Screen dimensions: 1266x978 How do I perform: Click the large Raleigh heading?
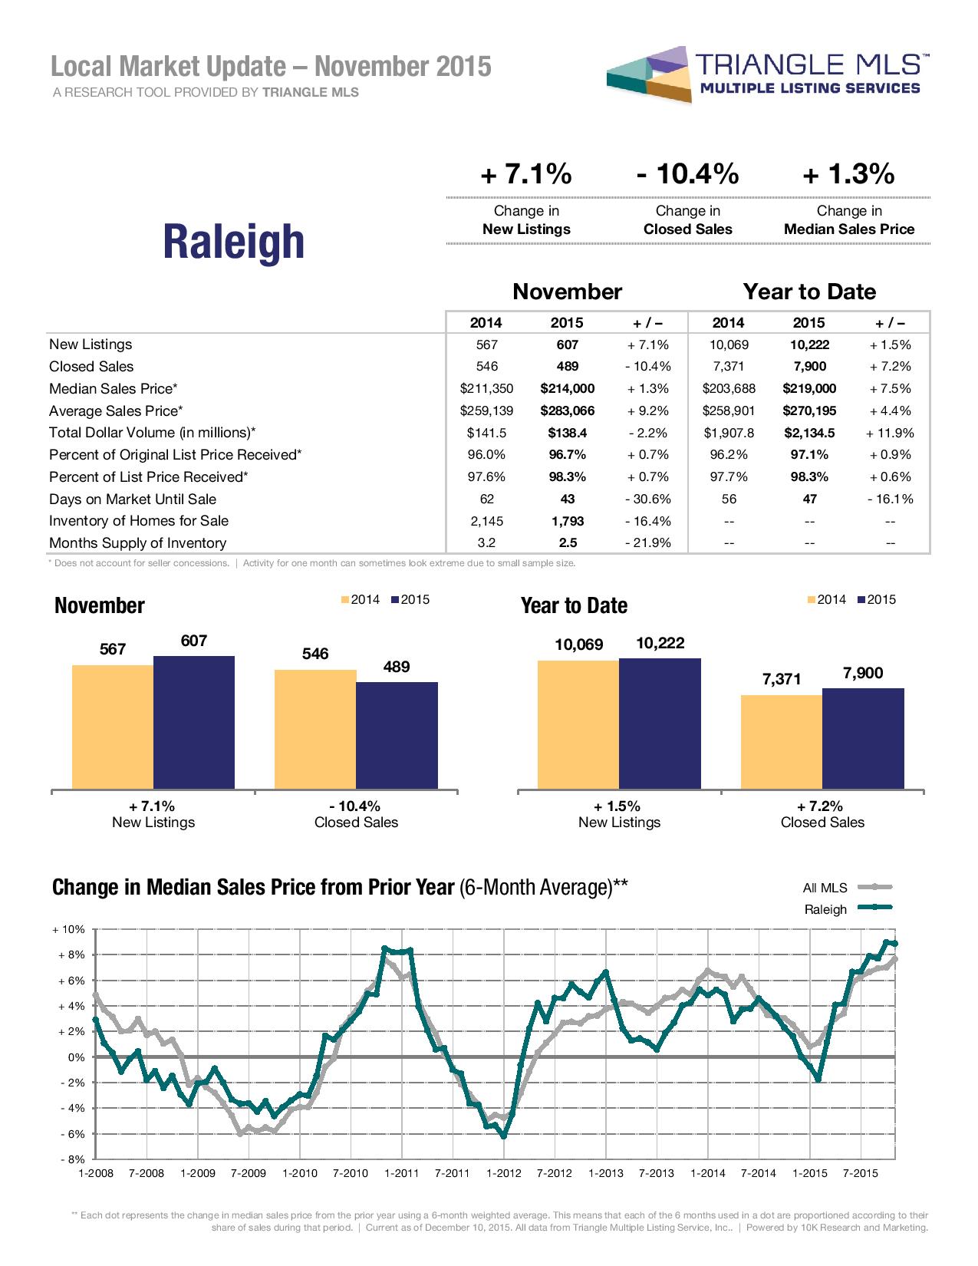234,241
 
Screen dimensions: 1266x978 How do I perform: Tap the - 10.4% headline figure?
687,175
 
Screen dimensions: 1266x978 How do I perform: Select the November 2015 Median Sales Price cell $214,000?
567,388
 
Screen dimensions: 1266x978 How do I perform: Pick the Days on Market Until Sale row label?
133,499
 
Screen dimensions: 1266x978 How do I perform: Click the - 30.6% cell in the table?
649,499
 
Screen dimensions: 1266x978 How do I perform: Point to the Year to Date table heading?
809,292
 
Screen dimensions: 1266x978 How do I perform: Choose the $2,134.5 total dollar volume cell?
809,433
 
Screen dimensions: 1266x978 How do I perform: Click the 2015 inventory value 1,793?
567,521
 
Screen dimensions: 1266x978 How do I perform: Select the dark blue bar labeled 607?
194,722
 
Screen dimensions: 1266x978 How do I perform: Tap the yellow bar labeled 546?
315,729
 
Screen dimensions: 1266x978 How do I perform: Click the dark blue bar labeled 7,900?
863,738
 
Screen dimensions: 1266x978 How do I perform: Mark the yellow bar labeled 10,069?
578,724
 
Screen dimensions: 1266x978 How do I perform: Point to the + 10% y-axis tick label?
68,929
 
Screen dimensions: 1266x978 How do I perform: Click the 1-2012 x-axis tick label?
503,1173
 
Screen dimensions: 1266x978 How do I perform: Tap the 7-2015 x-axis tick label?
861,1173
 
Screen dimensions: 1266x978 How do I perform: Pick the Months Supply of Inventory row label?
137,543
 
